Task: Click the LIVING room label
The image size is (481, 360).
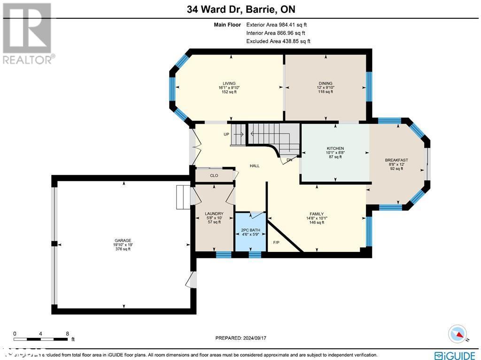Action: (x=229, y=84)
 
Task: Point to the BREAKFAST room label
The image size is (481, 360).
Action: (x=396, y=160)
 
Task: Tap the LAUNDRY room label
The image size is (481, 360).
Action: (x=214, y=214)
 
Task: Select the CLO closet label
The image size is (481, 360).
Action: (x=214, y=176)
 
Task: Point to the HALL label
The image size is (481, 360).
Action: (x=254, y=166)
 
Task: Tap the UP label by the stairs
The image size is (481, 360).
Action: (x=226, y=134)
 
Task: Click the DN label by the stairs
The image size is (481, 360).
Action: (x=289, y=160)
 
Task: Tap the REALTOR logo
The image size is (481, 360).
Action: (x=28, y=33)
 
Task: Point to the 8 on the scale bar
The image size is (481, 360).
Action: (x=68, y=333)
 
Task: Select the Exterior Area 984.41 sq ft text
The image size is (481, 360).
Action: (x=277, y=25)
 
